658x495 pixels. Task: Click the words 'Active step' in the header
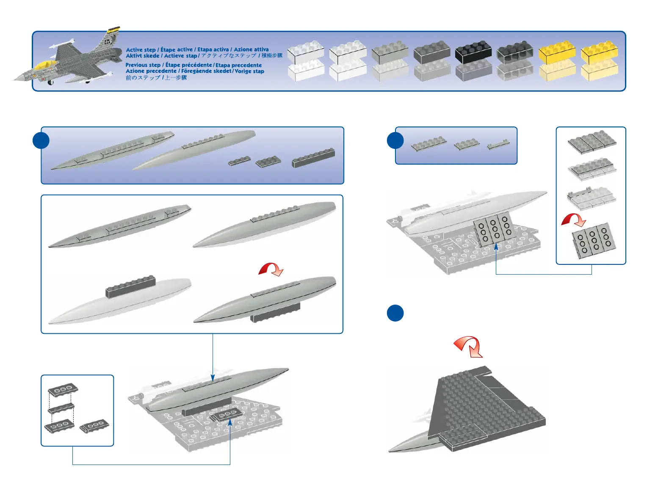[141, 50]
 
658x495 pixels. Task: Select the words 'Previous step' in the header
[143, 65]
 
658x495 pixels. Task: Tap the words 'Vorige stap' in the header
[249, 71]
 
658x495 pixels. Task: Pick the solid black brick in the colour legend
[473, 52]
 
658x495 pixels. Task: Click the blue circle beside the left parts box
[41, 140]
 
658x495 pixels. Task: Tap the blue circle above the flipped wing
[395, 313]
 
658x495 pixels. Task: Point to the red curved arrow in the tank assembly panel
[271, 269]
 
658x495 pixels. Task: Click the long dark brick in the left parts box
[313, 157]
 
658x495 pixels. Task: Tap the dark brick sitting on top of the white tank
[130, 286]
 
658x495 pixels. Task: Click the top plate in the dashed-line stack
[63, 390]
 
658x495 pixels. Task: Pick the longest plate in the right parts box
[429, 144]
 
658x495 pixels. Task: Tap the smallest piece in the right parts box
[498, 145]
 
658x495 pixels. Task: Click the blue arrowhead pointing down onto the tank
[213, 377]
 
